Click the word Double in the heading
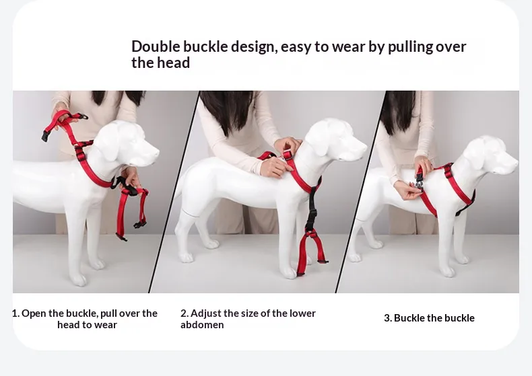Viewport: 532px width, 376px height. click(156, 46)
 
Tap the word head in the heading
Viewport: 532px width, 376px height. click(174, 63)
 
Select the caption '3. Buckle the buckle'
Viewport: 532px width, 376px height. click(429, 318)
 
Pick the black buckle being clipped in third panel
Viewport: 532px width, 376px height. click(418, 180)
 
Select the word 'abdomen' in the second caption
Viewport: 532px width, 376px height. click(202, 325)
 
